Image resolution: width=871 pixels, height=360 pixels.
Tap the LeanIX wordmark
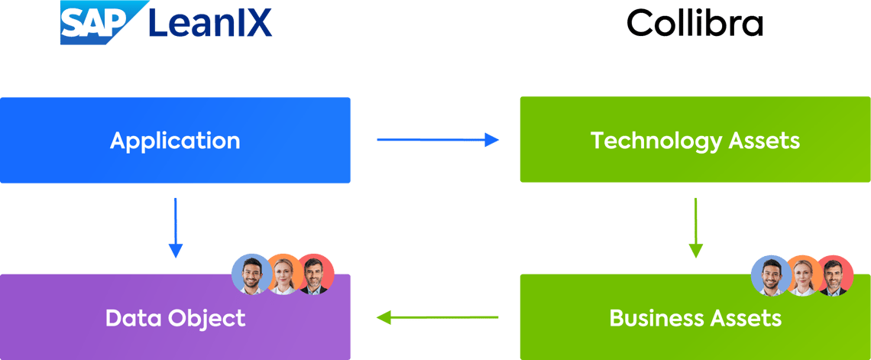coord(209,22)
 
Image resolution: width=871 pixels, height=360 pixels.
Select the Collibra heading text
coord(695,24)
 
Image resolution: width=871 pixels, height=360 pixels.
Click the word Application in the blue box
coord(175,141)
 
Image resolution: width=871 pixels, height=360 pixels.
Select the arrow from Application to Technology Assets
coord(438,140)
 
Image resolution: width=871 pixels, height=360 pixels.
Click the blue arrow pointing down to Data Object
coord(176,227)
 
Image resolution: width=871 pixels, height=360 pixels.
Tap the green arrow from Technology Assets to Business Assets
coord(695,227)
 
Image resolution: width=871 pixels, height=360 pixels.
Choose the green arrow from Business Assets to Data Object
coord(438,317)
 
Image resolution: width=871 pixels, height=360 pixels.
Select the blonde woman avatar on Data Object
coord(283,274)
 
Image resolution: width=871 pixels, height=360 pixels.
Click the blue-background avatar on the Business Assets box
coord(770,275)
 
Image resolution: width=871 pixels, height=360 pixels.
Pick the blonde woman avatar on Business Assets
coord(802,275)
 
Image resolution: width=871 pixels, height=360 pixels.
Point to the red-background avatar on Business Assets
coord(834,275)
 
